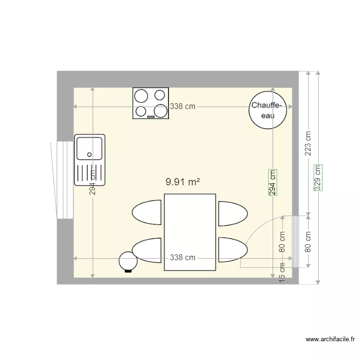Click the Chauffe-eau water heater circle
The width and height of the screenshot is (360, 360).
[x=267, y=110]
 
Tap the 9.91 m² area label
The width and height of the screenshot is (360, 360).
[x=182, y=182]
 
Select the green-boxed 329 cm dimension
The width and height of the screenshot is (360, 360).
[x=317, y=178]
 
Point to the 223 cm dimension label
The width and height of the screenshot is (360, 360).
[x=308, y=144]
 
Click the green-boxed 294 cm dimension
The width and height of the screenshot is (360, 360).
[x=272, y=182]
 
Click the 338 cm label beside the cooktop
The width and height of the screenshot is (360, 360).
[x=182, y=107]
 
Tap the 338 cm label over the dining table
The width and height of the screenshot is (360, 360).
[x=182, y=258]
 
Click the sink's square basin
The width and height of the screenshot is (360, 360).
[x=89, y=148]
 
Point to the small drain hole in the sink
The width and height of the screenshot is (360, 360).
[x=89, y=155]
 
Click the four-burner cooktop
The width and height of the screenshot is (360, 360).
[x=151, y=103]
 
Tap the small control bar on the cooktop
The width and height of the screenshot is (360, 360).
[x=151, y=117]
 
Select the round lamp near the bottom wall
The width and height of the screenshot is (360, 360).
[x=128, y=262]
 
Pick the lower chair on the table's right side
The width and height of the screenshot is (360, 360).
[x=233, y=250]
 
